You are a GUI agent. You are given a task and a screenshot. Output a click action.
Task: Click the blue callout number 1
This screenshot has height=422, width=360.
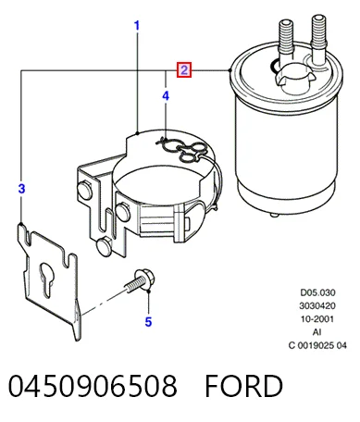point(137,26)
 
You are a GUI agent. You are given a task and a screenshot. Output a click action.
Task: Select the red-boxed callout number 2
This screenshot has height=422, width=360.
point(184,70)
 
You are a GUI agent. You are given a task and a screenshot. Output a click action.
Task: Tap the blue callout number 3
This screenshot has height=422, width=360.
point(21,189)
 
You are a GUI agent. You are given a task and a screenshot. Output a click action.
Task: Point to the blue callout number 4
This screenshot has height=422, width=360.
point(166,96)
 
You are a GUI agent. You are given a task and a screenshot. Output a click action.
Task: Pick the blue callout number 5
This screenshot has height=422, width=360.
point(148,322)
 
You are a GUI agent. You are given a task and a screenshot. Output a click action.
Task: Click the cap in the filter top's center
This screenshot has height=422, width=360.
point(292,77)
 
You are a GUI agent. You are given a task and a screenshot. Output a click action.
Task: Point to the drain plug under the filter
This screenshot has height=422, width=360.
point(274,215)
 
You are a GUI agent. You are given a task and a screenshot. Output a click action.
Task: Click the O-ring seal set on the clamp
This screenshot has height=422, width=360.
point(181,148)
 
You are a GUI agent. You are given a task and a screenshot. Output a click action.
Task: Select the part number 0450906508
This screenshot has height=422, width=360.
point(93,385)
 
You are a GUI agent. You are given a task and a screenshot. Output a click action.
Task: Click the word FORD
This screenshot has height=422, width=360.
point(243,385)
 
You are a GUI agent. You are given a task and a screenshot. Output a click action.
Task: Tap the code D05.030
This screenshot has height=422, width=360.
point(317,292)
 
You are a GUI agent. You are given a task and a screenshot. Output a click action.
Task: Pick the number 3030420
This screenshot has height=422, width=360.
point(317,305)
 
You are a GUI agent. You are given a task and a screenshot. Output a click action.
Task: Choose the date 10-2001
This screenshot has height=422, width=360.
point(317,318)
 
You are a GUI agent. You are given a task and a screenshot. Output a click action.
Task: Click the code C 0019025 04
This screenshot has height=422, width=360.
point(317,345)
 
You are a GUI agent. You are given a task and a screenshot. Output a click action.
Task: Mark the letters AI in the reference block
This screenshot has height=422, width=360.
point(317,332)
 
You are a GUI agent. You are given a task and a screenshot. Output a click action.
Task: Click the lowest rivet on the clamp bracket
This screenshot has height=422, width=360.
point(104,246)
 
